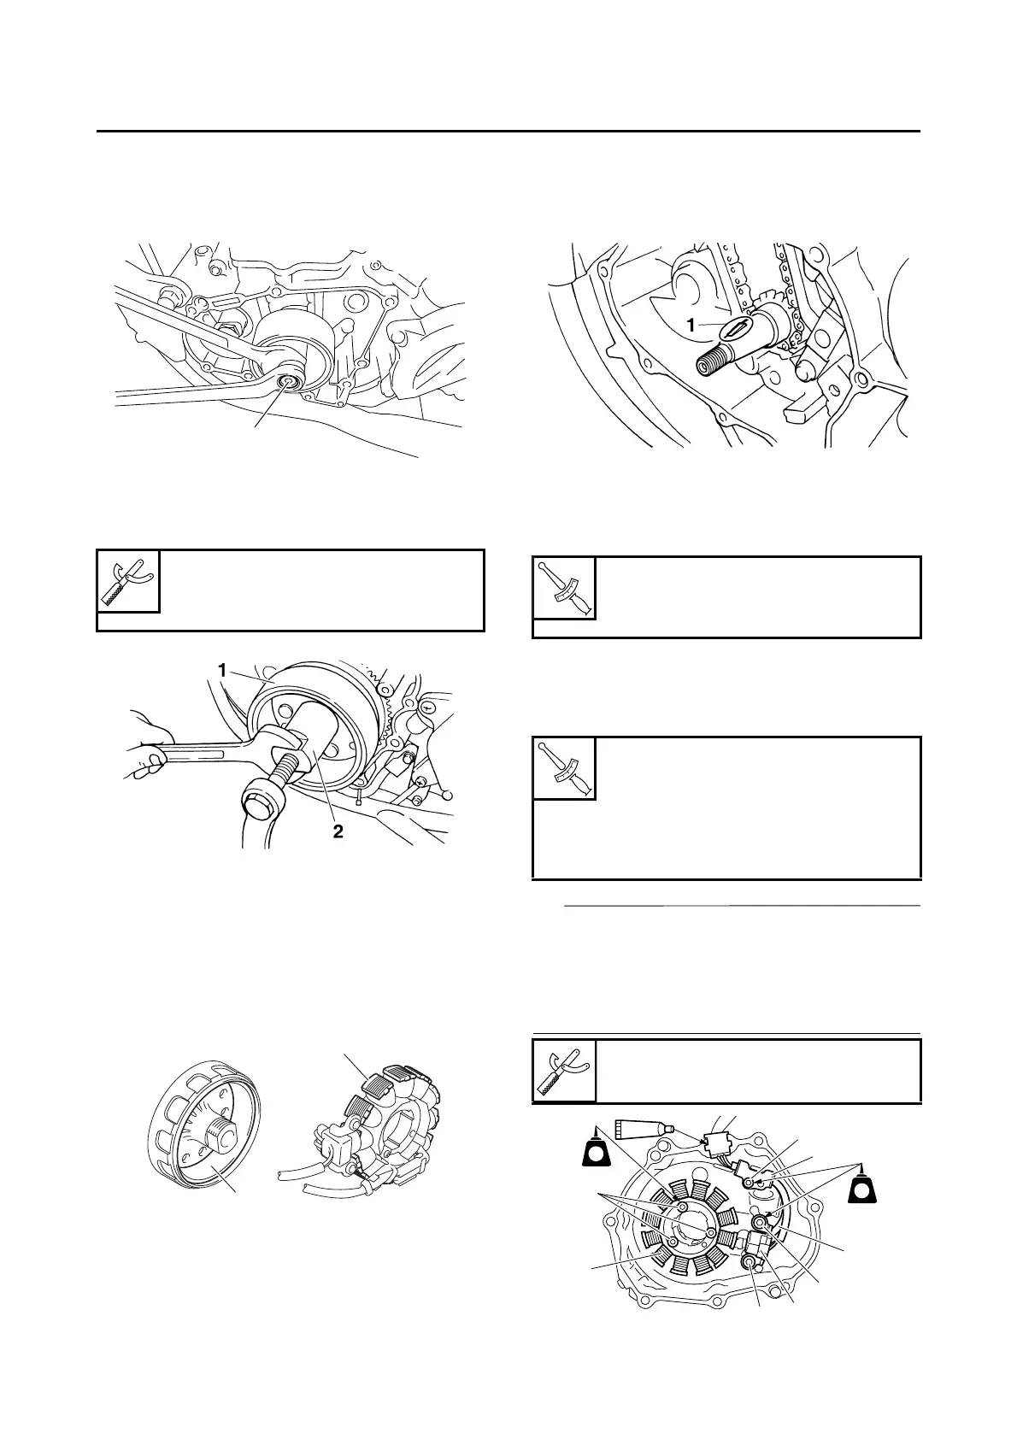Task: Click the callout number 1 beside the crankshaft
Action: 691,325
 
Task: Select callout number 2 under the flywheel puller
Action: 338,831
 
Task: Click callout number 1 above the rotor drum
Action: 222,671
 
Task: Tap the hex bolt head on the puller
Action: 260,804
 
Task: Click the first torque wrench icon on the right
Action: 564,588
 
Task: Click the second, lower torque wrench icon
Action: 564,768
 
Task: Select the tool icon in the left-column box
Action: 128,581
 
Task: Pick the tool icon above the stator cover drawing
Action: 564,1070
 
